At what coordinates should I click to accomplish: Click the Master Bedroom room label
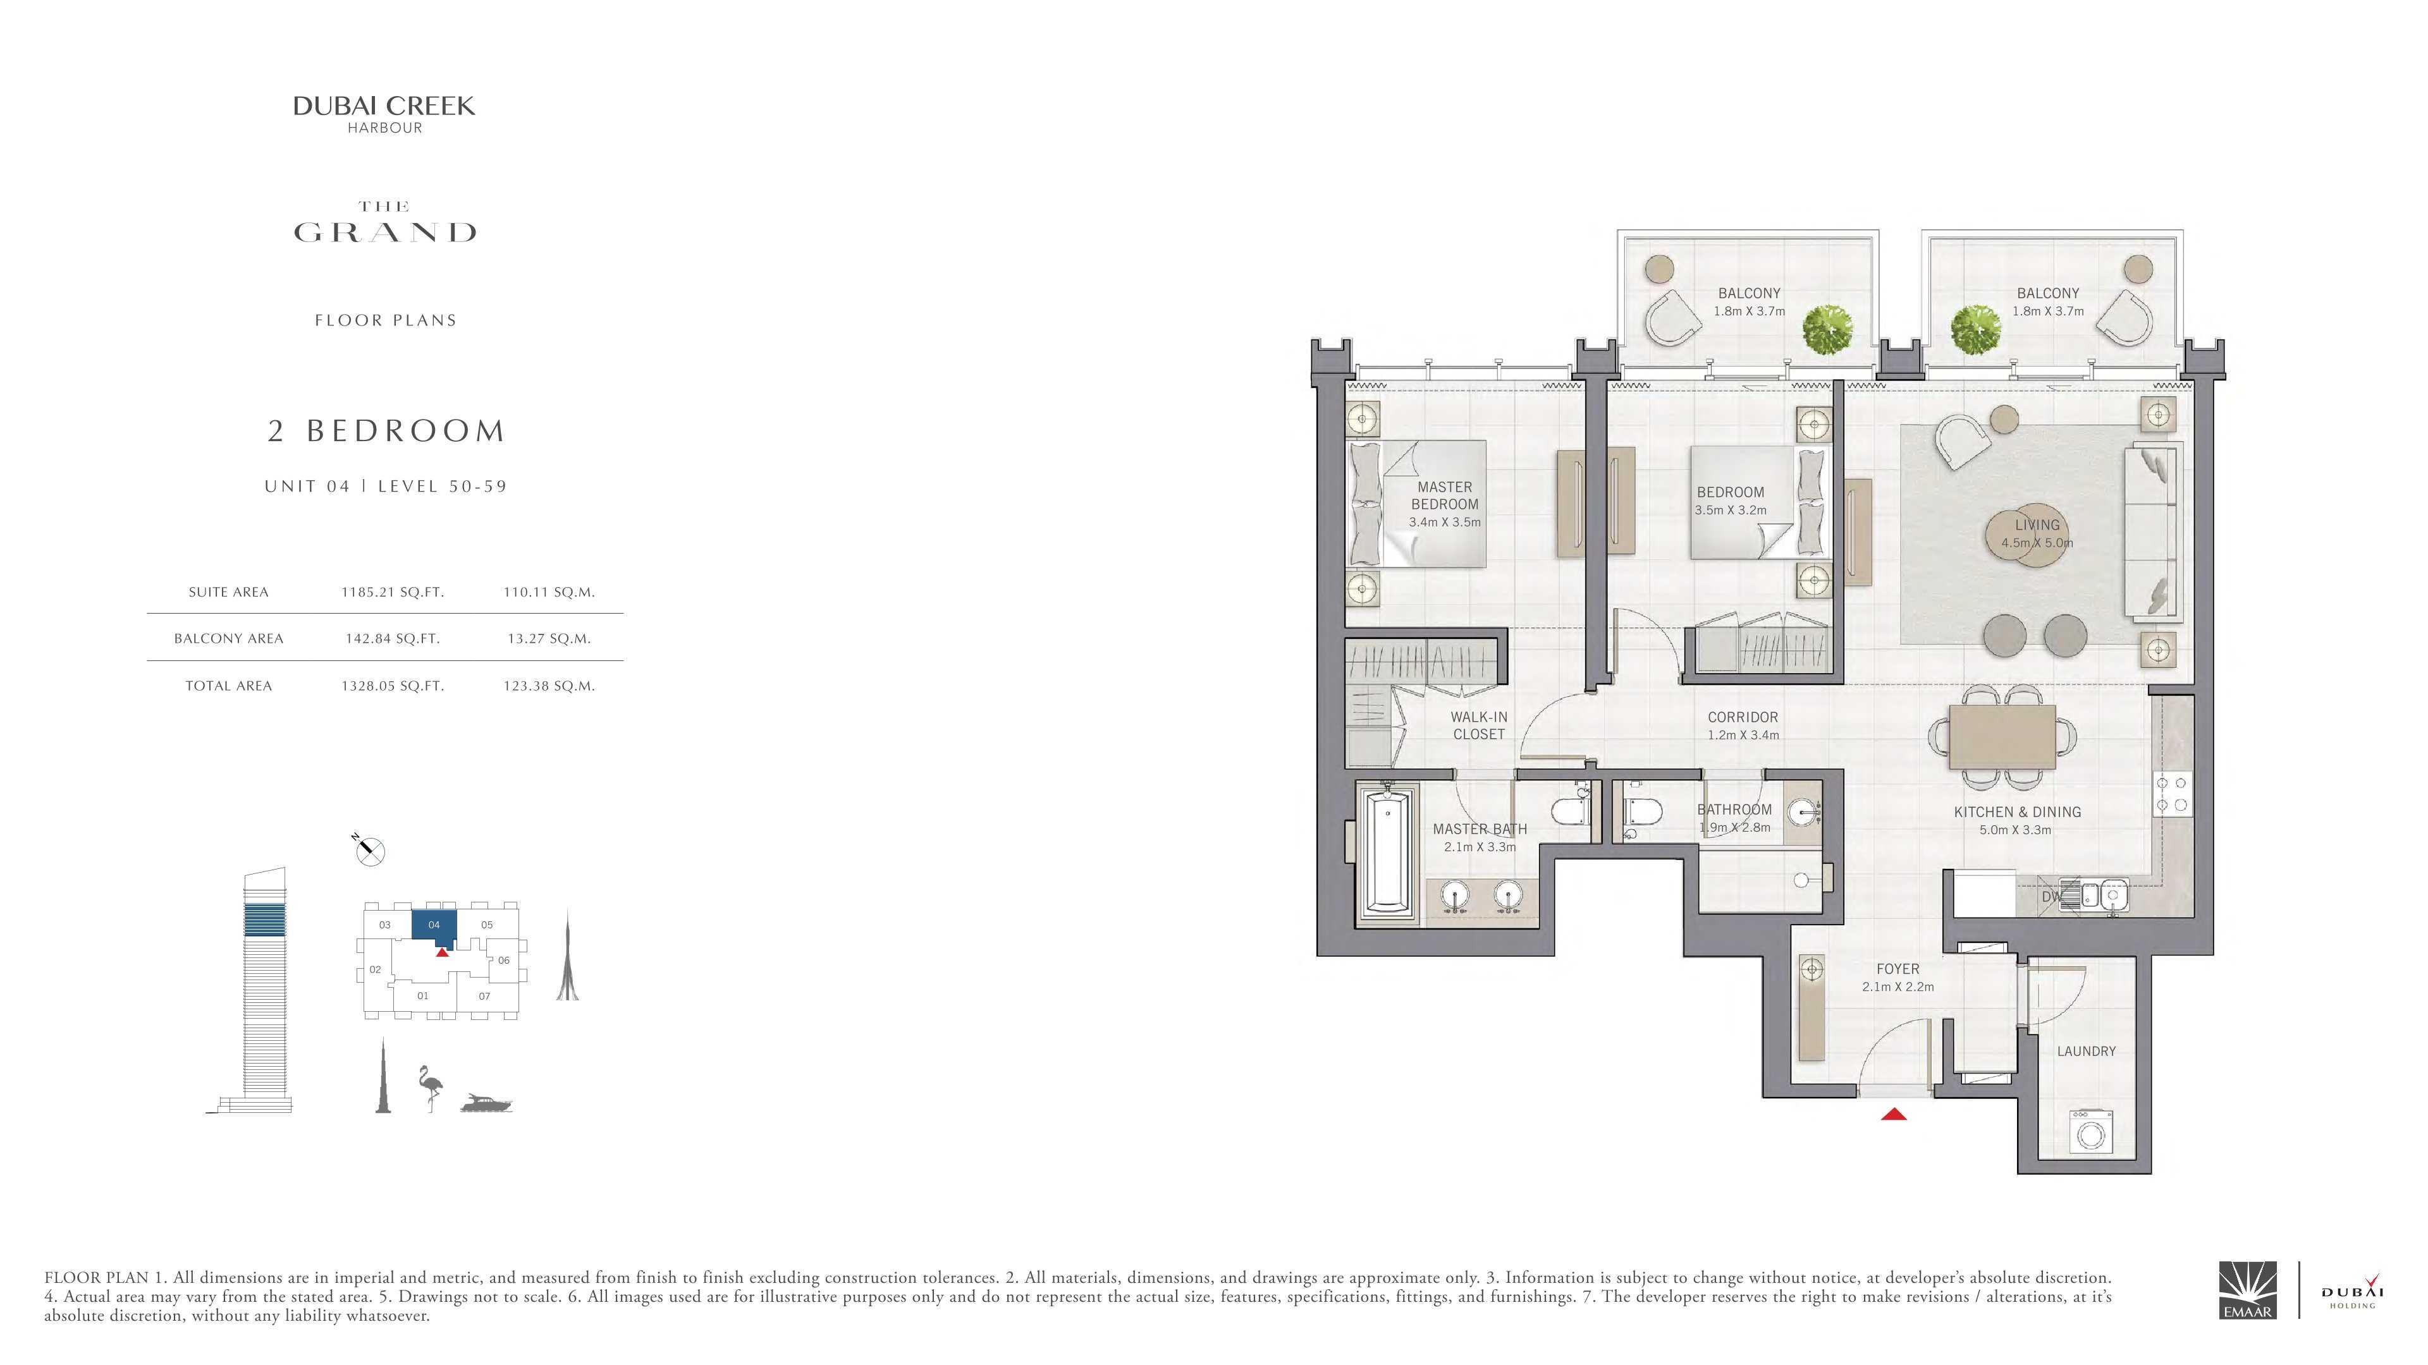(x=1444, y=495)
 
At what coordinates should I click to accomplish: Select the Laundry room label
(x=2086, y=1052)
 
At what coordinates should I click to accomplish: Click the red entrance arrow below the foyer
(x=1894, y=1114)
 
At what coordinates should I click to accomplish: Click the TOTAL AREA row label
(x=228, y=686)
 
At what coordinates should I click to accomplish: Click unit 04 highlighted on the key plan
(x=434, y=926)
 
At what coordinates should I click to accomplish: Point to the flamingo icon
(x=431, y=1089)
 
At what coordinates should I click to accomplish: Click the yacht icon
(x=486, y=1103)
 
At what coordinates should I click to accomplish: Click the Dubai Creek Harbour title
(x=384, y=114)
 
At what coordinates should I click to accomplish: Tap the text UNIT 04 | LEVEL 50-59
(x=386, y=486)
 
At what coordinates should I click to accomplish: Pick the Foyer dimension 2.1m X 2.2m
(x=1898, y=987)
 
